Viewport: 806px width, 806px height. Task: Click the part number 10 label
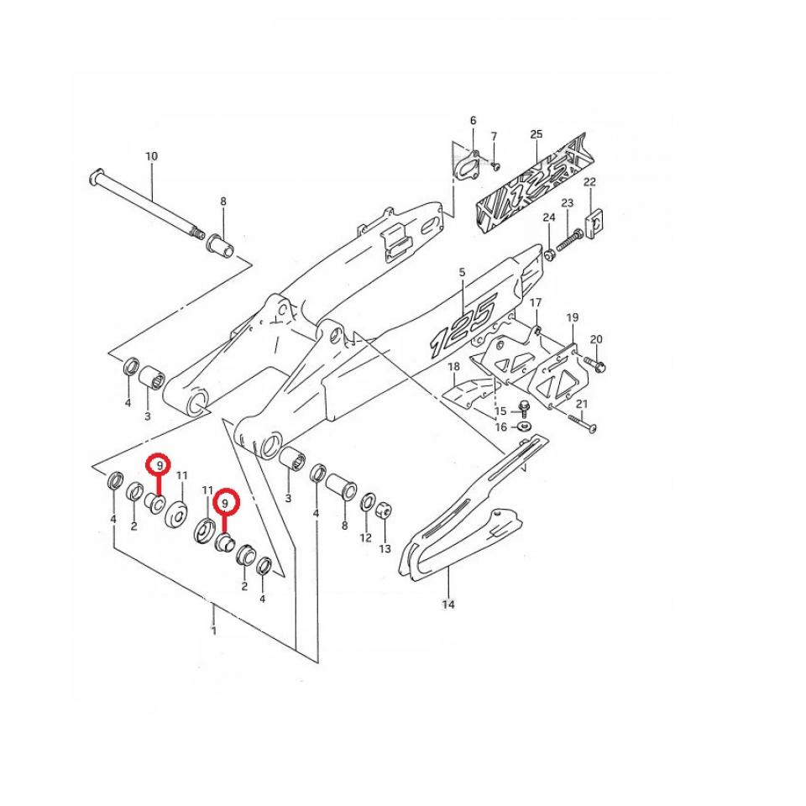pos(152,156)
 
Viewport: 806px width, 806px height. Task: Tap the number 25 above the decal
pos(536,134)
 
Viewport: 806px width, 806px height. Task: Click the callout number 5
pos(462,272)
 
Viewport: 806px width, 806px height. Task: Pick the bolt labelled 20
pos(595,364)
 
